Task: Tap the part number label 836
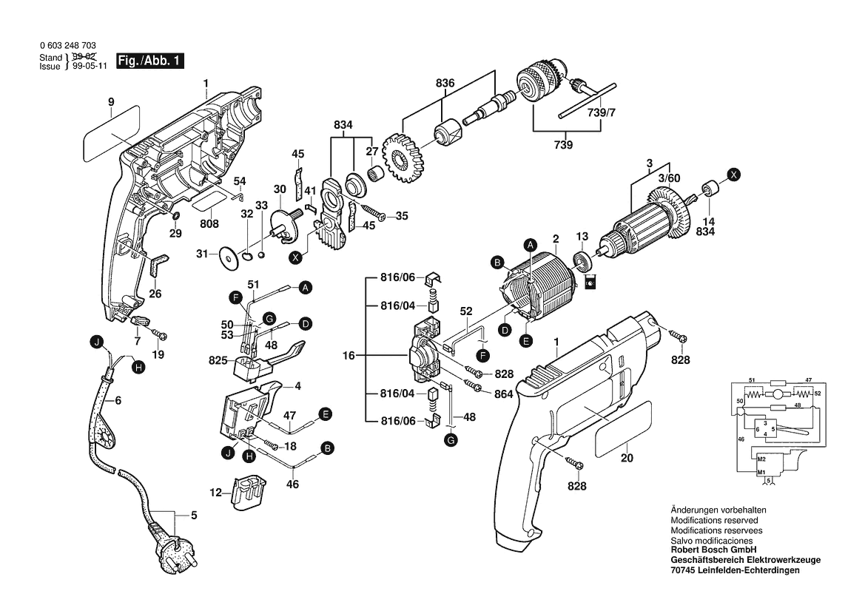pos(445,83)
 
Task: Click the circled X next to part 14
pos(733,175)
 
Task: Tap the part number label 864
pos(503,394)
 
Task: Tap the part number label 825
pos(218,360)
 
